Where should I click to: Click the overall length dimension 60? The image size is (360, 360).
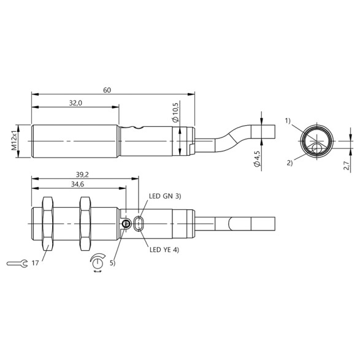click(x=107, y=90)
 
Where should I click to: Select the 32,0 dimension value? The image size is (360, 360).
click(x=76, y=104)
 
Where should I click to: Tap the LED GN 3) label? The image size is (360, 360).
click(x=166, y=196)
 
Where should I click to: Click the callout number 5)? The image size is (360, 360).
click(x=112, y=264)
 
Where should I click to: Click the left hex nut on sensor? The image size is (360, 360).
click(x=47, y=223)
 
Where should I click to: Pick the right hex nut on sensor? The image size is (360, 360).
click(x=85, y=223)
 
